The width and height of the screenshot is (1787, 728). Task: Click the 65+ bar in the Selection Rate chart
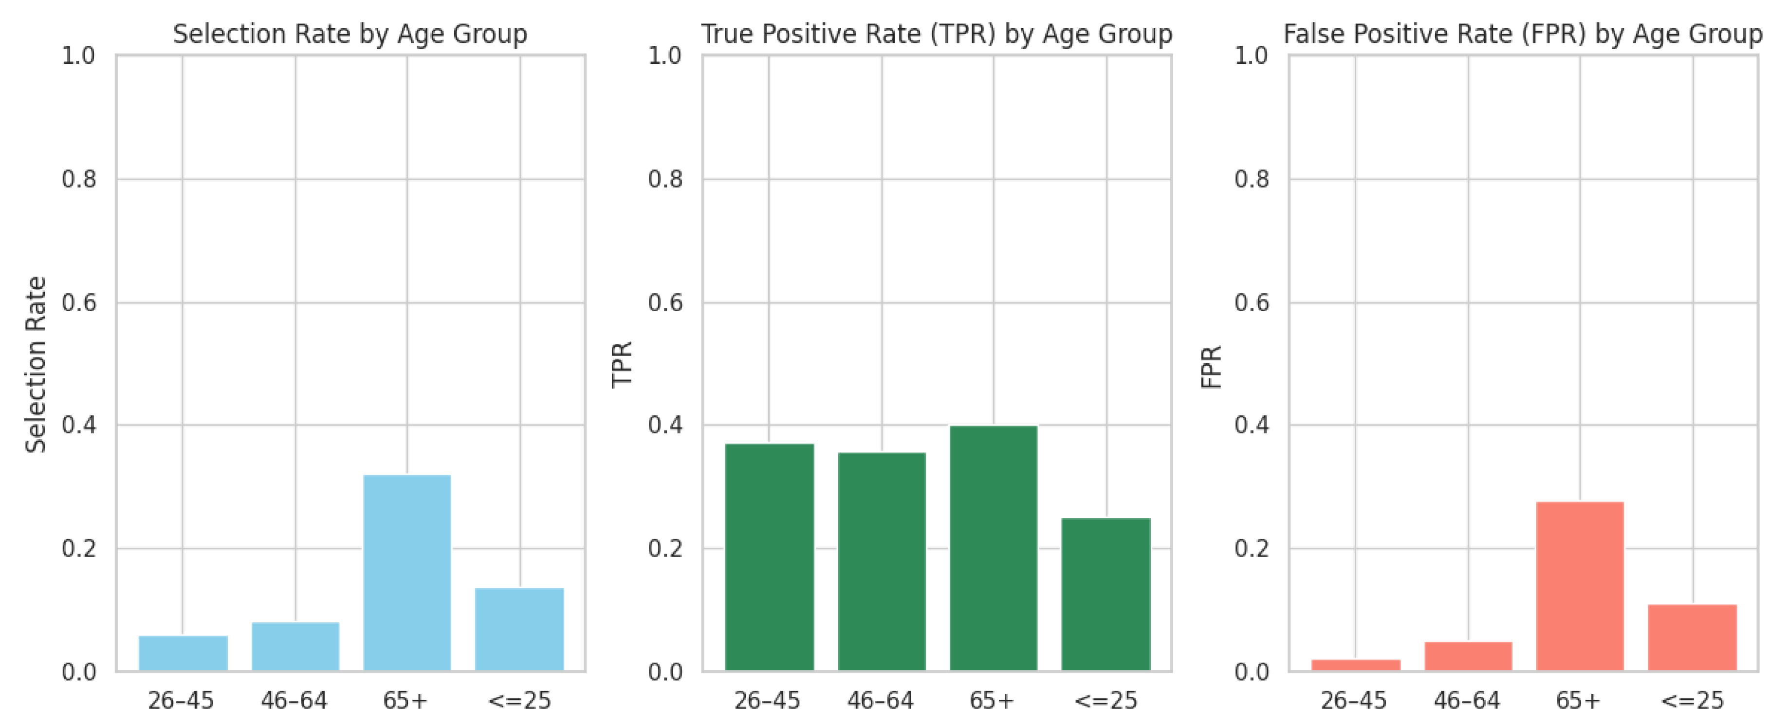click(x=407, y=573)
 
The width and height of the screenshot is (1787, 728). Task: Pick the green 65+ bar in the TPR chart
click(x=994, y=548)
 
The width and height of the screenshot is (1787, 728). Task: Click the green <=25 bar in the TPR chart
click(x=1106, y=594)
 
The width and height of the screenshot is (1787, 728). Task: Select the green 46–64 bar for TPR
click(x=882, y=561)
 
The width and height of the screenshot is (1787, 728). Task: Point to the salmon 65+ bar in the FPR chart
click(x=1580, y=586)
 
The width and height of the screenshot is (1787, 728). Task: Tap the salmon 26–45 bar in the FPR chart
click(x=1356, y=665)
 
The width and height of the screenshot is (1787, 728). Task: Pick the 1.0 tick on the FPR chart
click(x=1252, y=56)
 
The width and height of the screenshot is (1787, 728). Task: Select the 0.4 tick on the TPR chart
click(x=665, y=425)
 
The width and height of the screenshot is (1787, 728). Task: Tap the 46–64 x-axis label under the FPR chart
click(x=1467, y=701)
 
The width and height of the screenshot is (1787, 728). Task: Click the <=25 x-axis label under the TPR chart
click(x=1106, y=701)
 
